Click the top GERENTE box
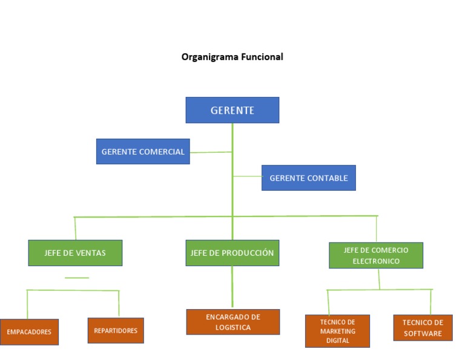point(232,110)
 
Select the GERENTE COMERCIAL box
point(143,152)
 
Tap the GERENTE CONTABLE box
point(308,178)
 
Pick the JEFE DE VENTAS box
point(75,253)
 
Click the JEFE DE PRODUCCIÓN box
point(232,253)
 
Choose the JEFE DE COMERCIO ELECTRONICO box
point(375,256)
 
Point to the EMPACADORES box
point(29,332)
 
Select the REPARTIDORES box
point(116,331)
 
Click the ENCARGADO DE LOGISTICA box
point(232,322)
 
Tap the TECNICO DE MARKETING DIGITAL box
point(337,331)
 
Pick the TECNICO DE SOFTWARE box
point(423,328)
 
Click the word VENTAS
point(91,253)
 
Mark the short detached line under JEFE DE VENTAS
point(76,278)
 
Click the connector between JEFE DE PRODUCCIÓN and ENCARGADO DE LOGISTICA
point(232,287)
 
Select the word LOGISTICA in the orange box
point(232,327)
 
